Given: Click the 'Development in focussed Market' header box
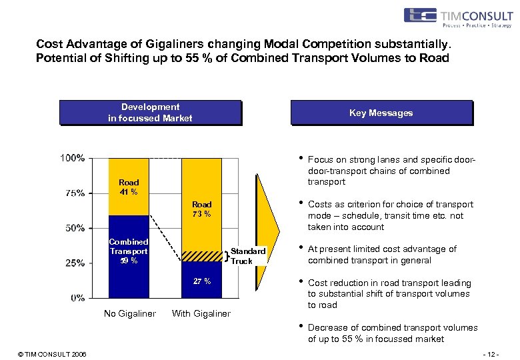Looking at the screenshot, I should pyautogui.click(x=150, y=113).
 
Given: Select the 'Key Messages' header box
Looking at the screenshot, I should pyautogui.click(x=381, y=113).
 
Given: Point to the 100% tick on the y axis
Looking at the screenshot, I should pyautogui.click(x=73, y=159).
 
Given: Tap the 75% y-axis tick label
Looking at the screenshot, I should pyautogui.click(x=74, y=193).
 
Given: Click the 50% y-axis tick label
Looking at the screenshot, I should pyautogui.click(x=74, y=228).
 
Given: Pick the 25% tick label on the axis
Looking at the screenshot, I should pyautogui.click(x=74, y=263).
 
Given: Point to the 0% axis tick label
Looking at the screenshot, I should pyautogui.click(x=77, y=297).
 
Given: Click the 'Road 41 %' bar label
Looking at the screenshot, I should pyautogui.click(x=129, y=187).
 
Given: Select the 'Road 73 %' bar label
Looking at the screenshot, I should pyautogui.click(x=201, y=209).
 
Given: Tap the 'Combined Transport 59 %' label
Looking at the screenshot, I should pyautogui.click(x=129, y=251).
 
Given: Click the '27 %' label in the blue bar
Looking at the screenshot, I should pyautogui.click(x=201, y=281).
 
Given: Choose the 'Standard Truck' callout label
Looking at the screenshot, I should pyautogui.click(x=248, y=256).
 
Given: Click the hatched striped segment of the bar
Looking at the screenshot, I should pyautogui.click(x=201, y=256).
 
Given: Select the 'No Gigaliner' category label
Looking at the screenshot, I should pyautogui.click(x=129, y=314).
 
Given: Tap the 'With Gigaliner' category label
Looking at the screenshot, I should pyautogui.click(x=201, y=314).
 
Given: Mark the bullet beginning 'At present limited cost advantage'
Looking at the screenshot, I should pyautogui.click(x=382, y=255).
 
